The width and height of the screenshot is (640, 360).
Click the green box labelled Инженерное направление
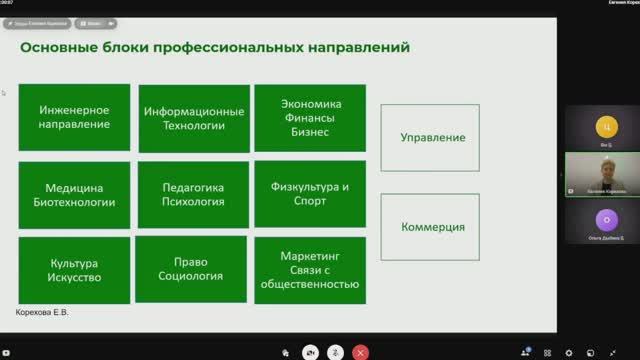(x=74, y=118)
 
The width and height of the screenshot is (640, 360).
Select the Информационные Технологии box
(x=194, y=118)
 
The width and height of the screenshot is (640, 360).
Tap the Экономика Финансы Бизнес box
(x=309, y=118)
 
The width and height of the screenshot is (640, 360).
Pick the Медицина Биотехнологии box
(x=74, y=194)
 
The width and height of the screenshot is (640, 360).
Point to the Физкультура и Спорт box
(x=309, y=194)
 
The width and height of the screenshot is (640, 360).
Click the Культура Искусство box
(x=74, y=270)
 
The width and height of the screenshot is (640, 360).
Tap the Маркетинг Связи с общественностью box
(x=309, y=270)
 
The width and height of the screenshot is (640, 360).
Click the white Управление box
(x=430, y=137)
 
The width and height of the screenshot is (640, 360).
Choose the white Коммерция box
(x=430, y=227)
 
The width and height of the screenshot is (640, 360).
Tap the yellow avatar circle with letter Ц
(x=602, y=127)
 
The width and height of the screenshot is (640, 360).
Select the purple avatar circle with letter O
(x=602, y=218)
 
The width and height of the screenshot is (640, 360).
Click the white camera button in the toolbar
(x=312, y=352)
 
